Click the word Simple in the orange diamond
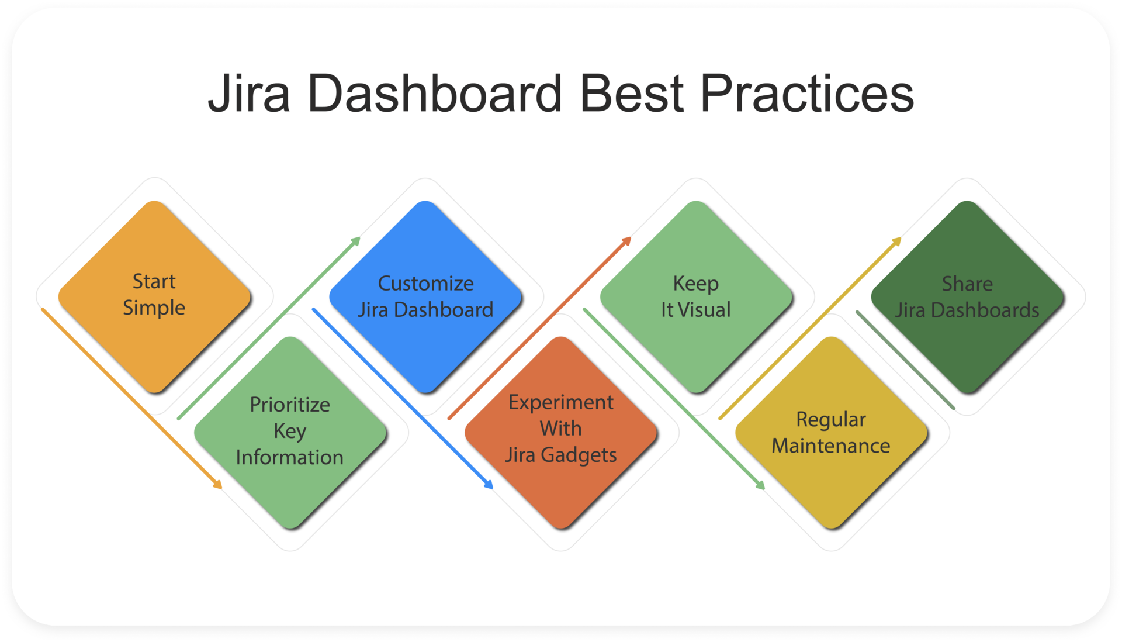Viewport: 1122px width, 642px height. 154,308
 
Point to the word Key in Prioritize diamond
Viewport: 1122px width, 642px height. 290,432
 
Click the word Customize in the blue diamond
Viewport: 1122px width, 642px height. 425,284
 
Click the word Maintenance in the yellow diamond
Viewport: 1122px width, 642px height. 830,446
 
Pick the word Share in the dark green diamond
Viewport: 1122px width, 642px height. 967,284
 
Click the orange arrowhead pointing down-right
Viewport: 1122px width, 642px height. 218,485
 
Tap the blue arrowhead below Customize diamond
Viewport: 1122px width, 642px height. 489,485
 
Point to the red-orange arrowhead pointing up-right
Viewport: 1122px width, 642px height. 628,240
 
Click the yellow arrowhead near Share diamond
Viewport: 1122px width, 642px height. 898,240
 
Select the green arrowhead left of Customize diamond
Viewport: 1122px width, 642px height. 356,240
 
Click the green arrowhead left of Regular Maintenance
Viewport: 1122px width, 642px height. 760,485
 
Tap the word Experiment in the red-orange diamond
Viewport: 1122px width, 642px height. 560,402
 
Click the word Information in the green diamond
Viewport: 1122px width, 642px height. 290,458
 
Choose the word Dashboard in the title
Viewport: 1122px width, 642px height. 434,94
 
